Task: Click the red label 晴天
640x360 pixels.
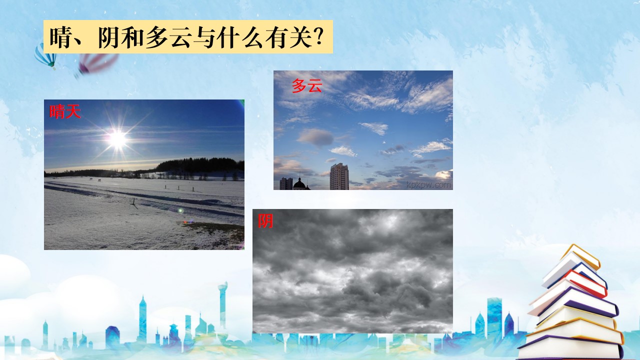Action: [65, 111]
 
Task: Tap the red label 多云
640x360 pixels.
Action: [307, 85]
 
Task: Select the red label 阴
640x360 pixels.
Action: [265, 221]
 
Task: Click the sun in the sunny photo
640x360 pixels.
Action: [117, 139]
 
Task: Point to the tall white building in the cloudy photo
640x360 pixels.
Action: [339, 176]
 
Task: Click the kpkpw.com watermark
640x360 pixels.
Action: [428, 185]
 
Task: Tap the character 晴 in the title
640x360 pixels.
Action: [60, 37]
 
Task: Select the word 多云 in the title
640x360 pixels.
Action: [168, 37]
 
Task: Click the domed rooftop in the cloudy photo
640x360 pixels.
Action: [299, 183]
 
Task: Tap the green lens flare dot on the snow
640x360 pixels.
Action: [180, 211]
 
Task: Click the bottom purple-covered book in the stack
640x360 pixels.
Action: [571, 347]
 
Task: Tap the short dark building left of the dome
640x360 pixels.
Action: [286, 183]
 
